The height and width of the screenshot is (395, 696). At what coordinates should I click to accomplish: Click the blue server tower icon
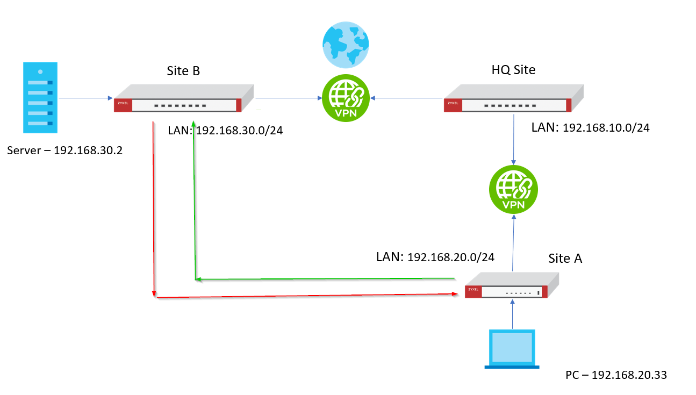(x=40, y=98)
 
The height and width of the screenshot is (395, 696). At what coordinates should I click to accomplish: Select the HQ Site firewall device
(x=513, y=100)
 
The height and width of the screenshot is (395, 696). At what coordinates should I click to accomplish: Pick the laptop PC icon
(x=511, y=349)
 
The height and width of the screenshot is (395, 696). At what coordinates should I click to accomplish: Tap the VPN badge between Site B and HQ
(x=345, y=98)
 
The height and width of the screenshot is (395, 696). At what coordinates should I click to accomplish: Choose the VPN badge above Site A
(x=513, y=190)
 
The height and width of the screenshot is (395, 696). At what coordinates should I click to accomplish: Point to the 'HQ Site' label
(x=513, y=70)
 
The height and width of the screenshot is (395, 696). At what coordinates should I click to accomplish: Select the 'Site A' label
(x=565, y=258)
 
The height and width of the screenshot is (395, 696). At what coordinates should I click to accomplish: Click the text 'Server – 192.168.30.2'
(x=65, y=150)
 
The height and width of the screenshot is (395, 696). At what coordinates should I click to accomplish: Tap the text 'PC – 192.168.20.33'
(x=616, y=375)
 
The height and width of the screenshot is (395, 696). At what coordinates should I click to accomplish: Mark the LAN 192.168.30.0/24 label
(x=225, y=130)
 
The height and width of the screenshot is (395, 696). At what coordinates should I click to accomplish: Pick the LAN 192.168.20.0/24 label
(x=435, y=257)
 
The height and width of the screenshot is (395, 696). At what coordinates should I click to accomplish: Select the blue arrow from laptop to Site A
(x=513, y=314)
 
